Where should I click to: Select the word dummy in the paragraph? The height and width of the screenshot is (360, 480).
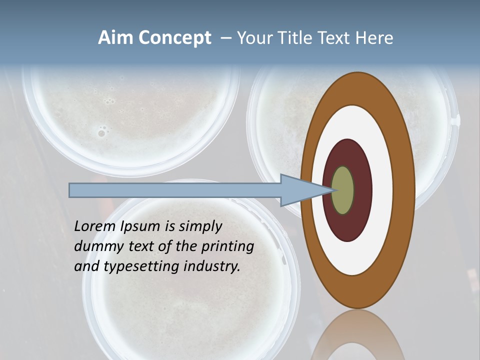point(96,247)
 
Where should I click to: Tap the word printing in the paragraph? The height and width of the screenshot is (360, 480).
point(226,247)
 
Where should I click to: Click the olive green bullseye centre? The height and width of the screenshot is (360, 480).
point(343,190)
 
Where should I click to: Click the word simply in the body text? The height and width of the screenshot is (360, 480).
point(200,227)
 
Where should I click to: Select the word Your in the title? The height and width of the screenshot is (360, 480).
point(254,38)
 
